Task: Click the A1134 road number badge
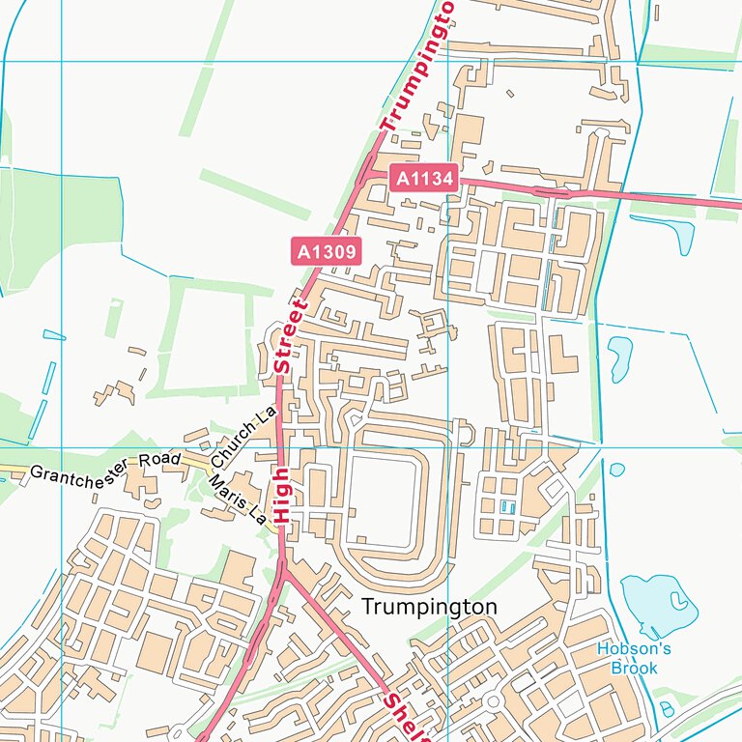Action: [422, 178]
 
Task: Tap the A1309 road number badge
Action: [326, 252]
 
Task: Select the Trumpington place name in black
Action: [429, 607]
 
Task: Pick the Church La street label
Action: [244, 434]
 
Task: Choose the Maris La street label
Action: [238, 499]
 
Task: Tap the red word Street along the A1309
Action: [289, 335]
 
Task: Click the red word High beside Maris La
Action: [281, 496]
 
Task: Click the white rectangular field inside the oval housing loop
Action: [382, 498]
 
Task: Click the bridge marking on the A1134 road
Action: [552, 191]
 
